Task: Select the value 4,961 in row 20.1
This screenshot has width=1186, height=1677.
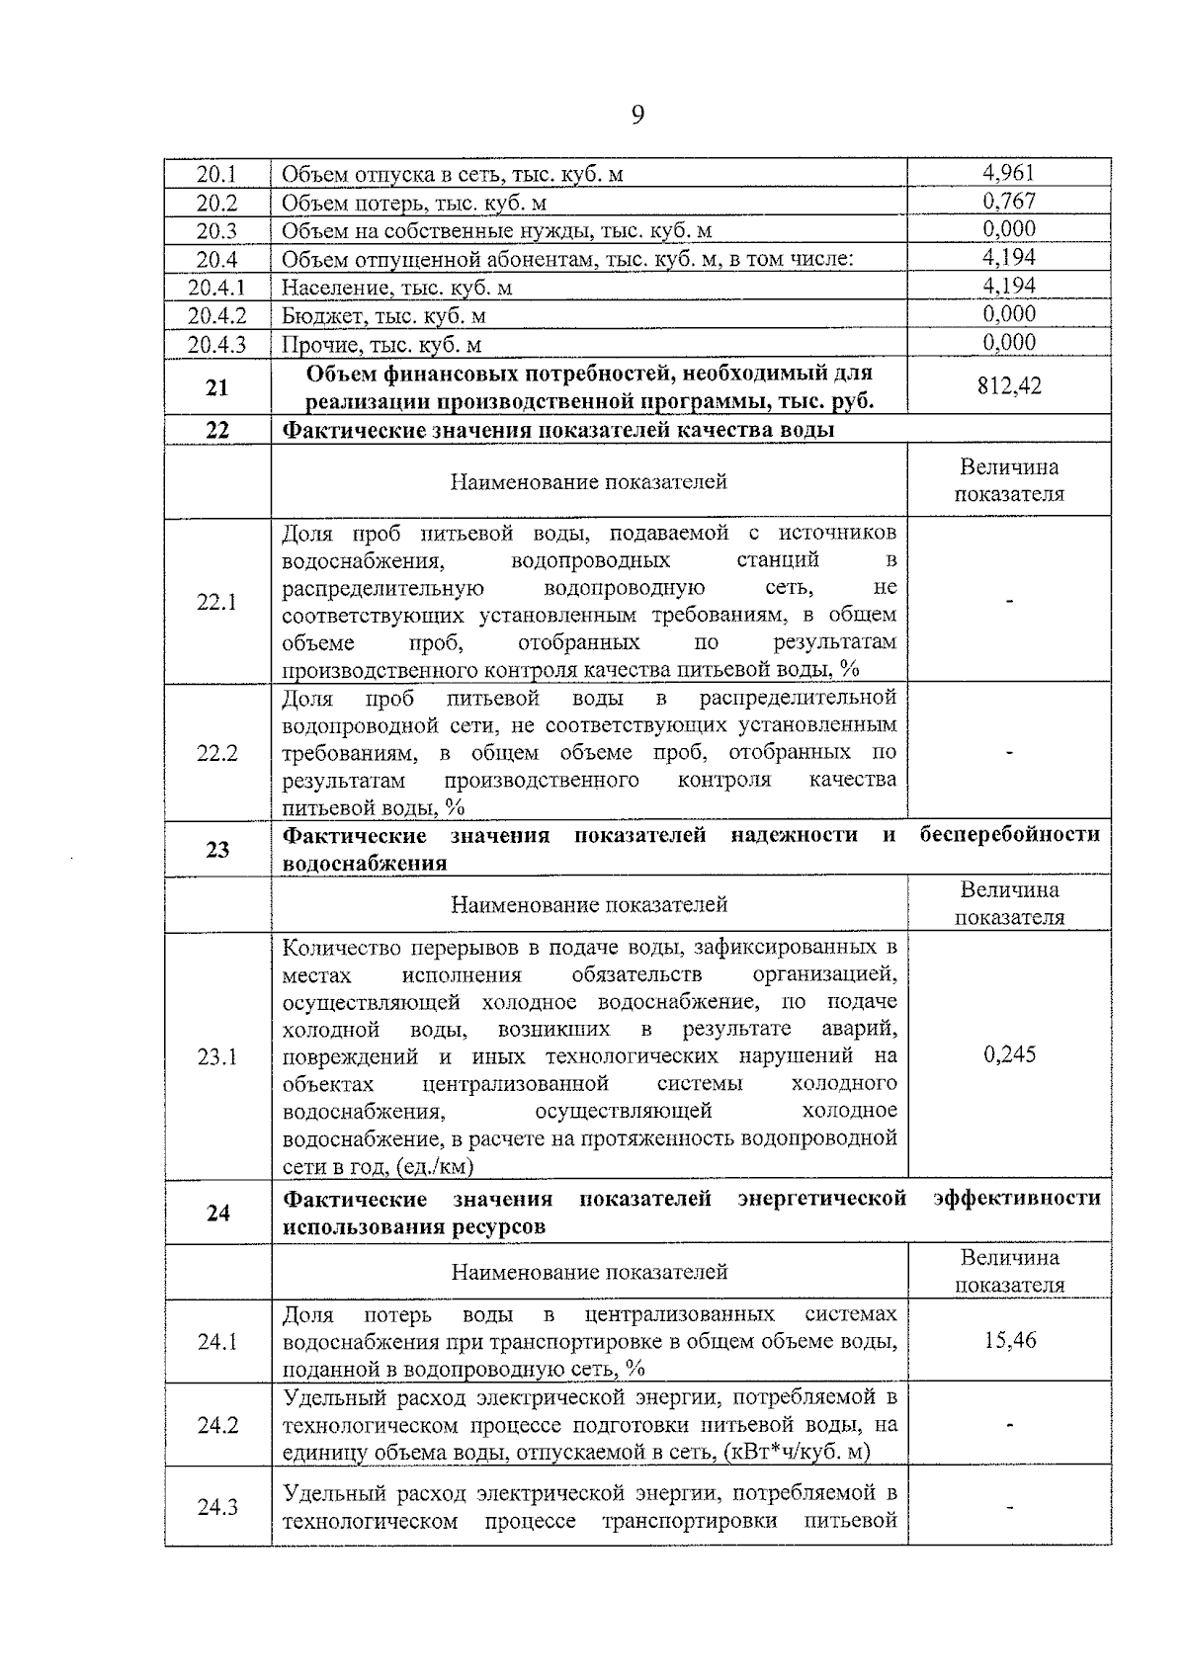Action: (x=1008, y=173)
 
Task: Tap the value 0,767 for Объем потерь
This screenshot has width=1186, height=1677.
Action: (x=1008, y=202)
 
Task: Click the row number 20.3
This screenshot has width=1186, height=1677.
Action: (x=216, y=230)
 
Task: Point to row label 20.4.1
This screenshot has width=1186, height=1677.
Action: (x=216, y=288)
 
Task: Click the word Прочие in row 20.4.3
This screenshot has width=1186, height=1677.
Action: (x=315, y=345)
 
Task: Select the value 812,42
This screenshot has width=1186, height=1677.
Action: (x=1008, y=385)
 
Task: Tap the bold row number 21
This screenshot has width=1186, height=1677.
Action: (x=216, y=387)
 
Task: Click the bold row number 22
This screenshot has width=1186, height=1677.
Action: (x=216, y=430)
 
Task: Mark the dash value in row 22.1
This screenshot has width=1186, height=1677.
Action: (x=1009, y=602)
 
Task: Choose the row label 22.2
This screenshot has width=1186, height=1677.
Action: (x=216, y=753)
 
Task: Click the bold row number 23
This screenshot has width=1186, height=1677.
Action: (x=216, y=849)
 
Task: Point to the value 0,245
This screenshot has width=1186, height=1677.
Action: (x=1009, y=1054)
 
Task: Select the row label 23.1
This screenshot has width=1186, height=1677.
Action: (x=216, y=1057)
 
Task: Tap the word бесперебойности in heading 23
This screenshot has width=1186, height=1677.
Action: (x=1009, y=835)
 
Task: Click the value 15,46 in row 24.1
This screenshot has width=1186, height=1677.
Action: (x=1009, y=1341)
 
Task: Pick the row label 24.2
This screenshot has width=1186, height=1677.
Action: (x=216, y=1425)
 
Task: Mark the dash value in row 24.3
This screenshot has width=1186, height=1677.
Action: (x=1009, y=1506)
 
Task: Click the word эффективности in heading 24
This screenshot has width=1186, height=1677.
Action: (x=1016, y=1199)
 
